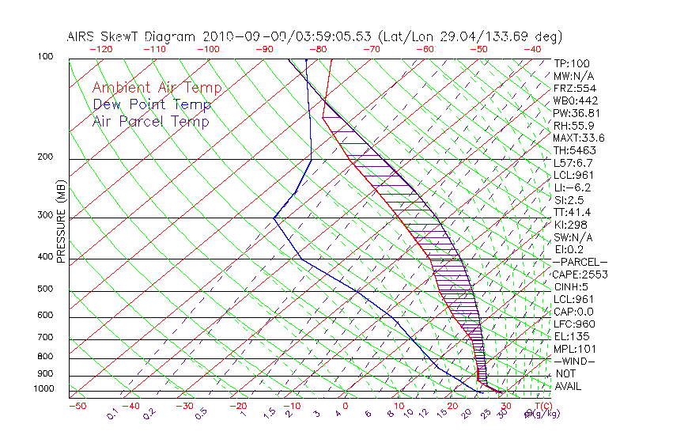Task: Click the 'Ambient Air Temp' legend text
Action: click(157, 88)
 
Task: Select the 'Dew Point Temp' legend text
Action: click(151, 104)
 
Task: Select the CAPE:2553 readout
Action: click(579, 275)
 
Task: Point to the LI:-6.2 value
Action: click(572, 187)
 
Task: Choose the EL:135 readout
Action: click(570, 336)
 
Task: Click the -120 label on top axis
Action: click(101, 49)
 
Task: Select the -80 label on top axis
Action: click(318, 49)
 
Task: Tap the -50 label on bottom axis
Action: click(77, 406)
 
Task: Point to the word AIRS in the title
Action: click(84, 36)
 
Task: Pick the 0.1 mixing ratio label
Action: click(113, 413)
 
